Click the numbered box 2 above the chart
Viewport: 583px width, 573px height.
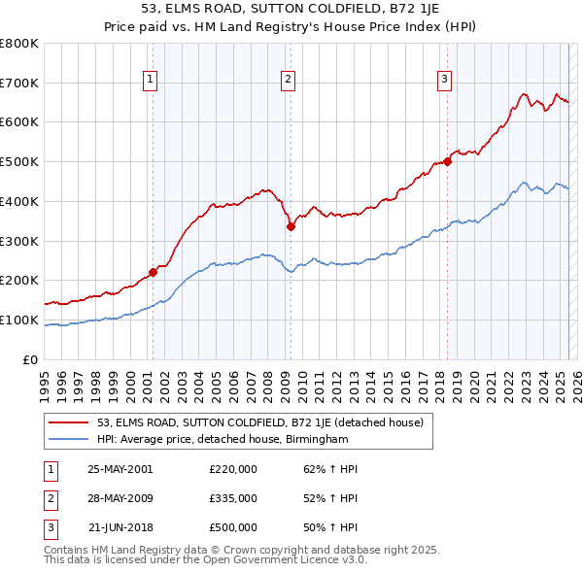tap(290, 81)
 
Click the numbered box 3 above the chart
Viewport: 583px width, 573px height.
tap(445, 81)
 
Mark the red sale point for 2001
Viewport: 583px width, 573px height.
tap(154, 273)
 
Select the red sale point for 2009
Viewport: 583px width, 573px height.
tap(291, 226)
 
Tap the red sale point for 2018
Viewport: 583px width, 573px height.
tap(447, 161)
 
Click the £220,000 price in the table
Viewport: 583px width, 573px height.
tap(233, 469)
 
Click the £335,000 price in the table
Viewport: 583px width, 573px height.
tap(233, 498)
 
